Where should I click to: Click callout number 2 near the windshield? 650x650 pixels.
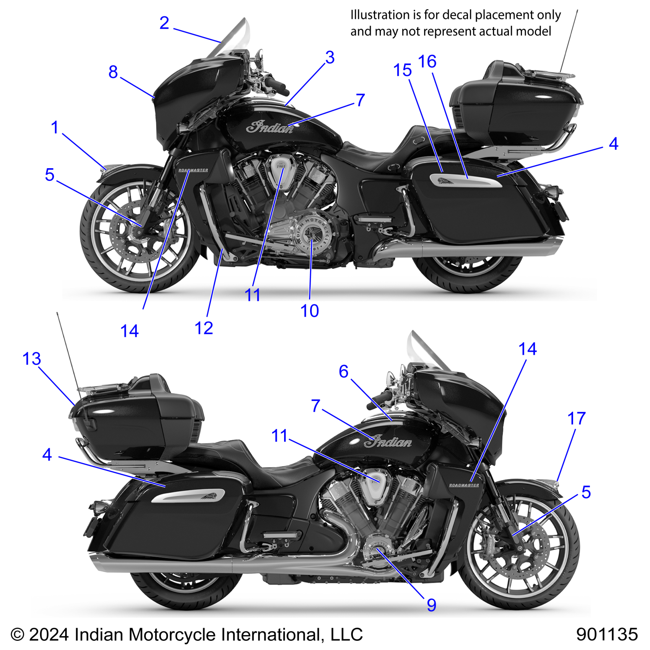(x=164, y=23)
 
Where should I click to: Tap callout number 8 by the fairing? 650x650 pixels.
(x=113, y=72)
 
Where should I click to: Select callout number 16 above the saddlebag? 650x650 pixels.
(x=427, y=62)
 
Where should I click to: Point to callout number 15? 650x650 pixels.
(x=403, y=71)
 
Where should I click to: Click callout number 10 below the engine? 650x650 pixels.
(x=310, y=311)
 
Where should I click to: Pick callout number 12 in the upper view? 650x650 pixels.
(x=204, y=328)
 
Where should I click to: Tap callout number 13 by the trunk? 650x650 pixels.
(x=32, y=359)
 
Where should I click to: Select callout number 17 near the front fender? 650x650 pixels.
(x=577, y=419)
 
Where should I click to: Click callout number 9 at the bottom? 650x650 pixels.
(x=432, y=605)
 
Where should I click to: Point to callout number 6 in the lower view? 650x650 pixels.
(x=344, y=372)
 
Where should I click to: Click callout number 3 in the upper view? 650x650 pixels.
(x=330, y=58)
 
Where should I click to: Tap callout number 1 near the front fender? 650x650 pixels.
(x=55, y=127)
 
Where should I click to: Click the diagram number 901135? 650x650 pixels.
(x=607, y=634)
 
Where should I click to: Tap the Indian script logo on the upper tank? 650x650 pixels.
(x=270, y=127)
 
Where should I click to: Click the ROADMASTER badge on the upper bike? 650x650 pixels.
(x=193, y=170)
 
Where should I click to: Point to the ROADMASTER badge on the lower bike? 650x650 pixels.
(x=464, y=485)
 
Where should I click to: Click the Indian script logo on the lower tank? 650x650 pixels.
(x=388, y=442)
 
